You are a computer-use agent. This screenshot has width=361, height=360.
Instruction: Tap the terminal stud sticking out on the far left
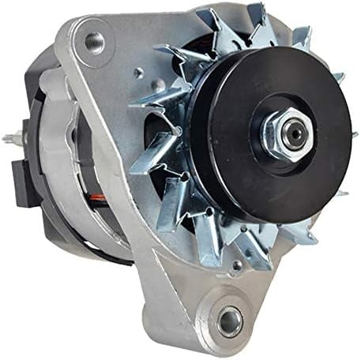coord(9,140)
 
